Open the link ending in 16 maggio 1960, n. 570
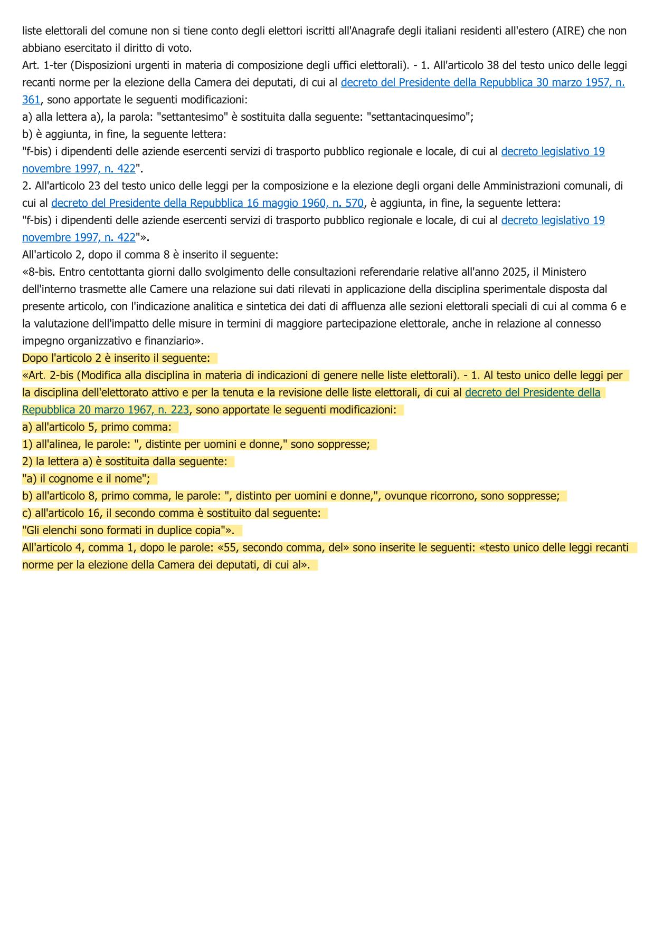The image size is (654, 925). point(207,203)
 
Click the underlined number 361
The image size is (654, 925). point(31,100)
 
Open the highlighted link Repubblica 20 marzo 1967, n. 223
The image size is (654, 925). point(106,410)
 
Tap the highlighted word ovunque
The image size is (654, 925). point(406,496)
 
